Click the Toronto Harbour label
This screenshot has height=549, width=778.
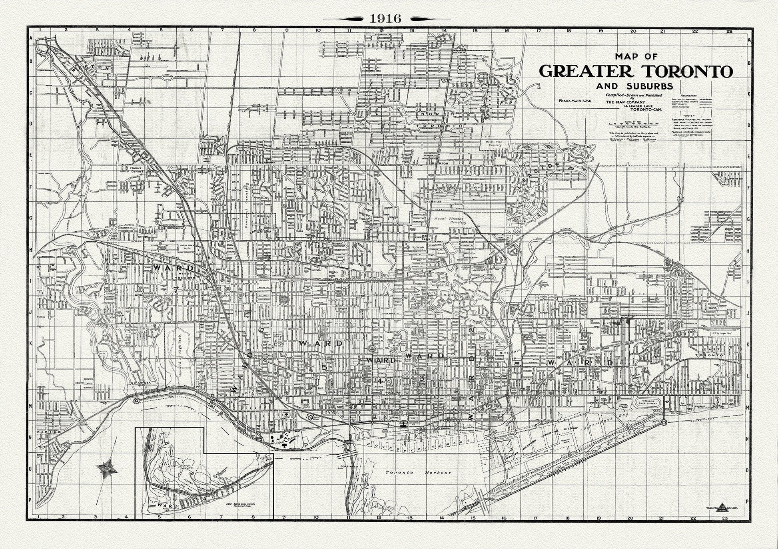pyautogui.click(x=418, y=472)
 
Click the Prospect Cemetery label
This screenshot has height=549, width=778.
pyautogui.click(x=247, y=207)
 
